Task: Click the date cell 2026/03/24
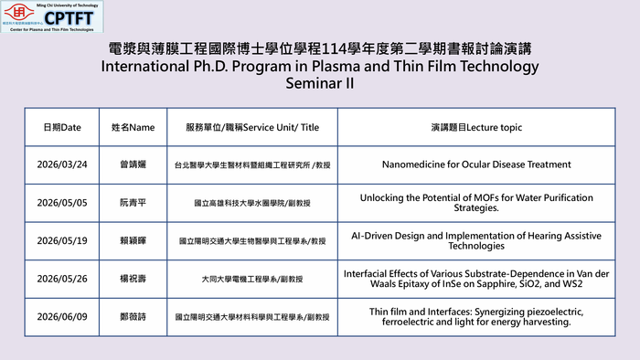[62, 165]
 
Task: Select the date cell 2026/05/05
[62, 203]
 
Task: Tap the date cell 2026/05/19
[62, 240]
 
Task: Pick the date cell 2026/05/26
[62, 279]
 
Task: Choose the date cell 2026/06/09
[62, 317]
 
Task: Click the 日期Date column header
[62, 127]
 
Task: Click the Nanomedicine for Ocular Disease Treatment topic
[475, 165]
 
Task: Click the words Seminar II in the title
[319, 84]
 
